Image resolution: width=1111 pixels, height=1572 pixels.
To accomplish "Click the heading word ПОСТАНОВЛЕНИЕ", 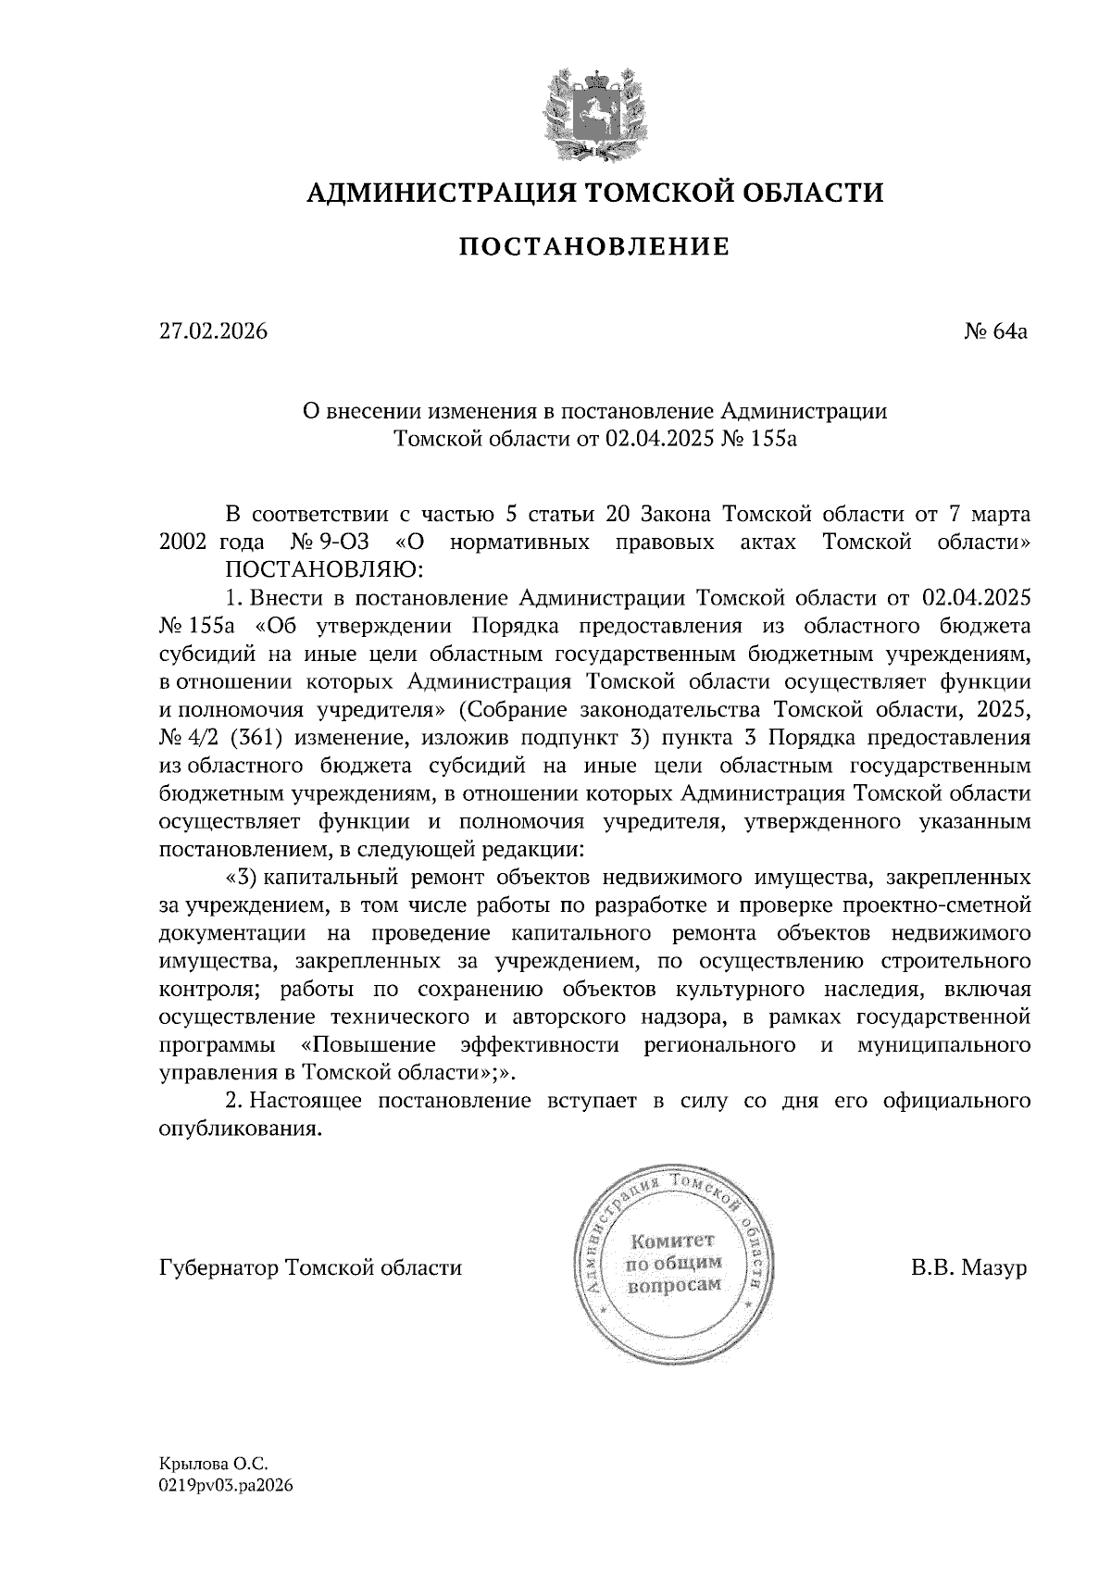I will coord(594,246).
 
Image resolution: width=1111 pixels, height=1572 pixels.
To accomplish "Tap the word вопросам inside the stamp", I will coord(673,1287).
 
